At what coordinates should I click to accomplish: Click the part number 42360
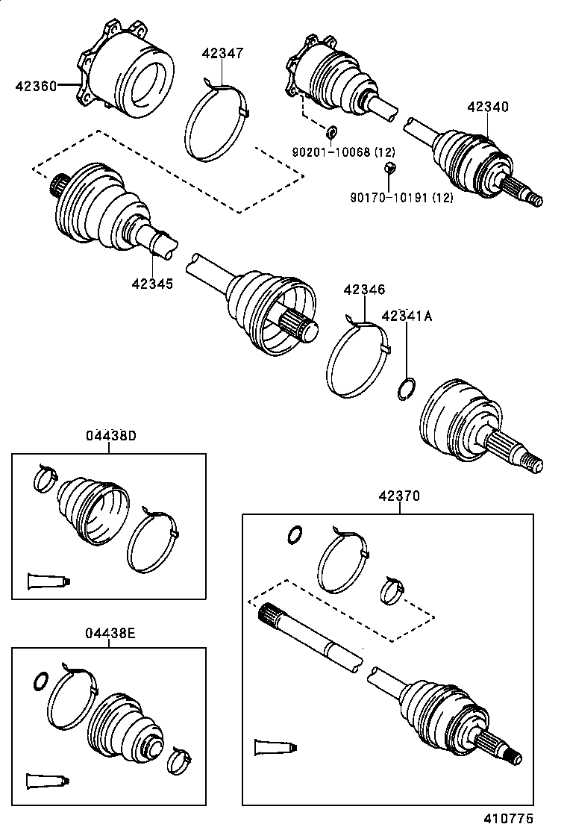(x=35, y=86)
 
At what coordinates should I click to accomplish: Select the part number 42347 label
(x=222, y=53)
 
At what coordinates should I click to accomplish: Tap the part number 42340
(x=488, y=107)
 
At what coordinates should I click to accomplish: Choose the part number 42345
(x=152, y=283)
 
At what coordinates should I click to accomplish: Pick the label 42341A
(x=407, y=316)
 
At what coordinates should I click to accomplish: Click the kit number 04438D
(x=110, y=437)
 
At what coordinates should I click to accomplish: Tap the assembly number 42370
(x=398, y=495)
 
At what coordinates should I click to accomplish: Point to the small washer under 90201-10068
(x=332, y=134)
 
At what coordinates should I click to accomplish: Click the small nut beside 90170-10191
(x=389, y=169)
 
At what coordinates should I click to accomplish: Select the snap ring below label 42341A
(x=406, y=389)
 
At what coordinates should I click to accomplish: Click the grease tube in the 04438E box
(x=46, y=781)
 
